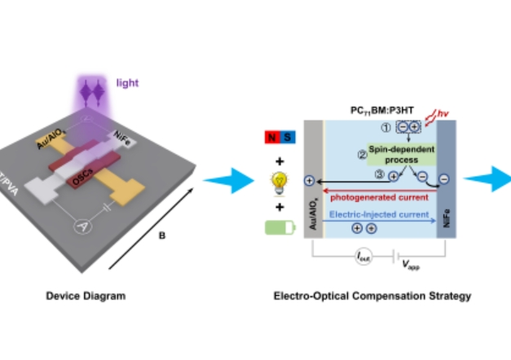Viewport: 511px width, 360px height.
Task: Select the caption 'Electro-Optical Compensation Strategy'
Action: coord(372,296)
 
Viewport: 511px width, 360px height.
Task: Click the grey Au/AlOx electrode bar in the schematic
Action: coord(312,182)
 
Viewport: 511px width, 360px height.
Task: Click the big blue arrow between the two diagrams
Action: coord(222,180)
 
